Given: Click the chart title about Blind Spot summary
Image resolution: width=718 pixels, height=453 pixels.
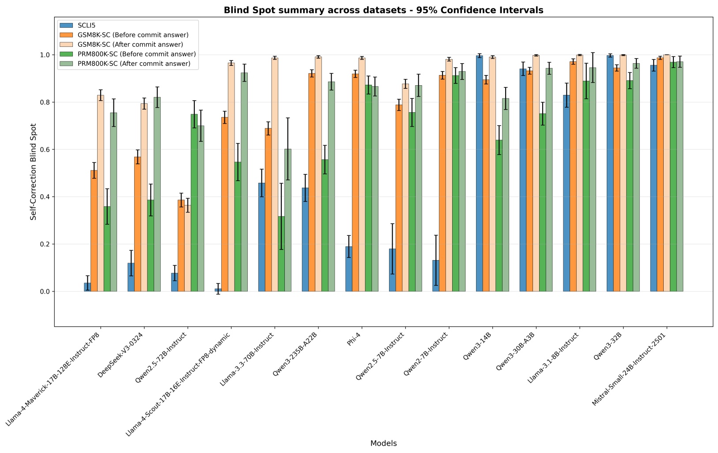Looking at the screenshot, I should pos(383,10).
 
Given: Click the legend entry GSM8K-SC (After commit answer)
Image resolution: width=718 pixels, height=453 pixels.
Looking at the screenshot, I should pos(130,45).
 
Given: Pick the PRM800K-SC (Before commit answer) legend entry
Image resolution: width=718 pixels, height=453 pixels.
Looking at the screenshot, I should pos(136,54).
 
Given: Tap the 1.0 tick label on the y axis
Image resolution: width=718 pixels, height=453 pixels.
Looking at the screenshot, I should pos(45,55).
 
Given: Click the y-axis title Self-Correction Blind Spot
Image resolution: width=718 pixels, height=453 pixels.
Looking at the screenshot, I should pos(34,172).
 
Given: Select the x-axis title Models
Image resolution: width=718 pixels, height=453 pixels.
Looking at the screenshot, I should pos(383,443).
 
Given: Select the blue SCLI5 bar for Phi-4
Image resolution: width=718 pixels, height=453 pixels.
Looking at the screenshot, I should pos(349,269).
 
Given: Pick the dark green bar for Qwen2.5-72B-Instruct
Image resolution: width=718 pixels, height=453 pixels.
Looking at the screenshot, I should pos(194,203).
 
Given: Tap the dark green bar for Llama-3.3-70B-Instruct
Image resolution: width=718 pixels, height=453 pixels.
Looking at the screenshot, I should pos(281,254).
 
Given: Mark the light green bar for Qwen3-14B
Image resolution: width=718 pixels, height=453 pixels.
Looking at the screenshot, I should pos(506,195).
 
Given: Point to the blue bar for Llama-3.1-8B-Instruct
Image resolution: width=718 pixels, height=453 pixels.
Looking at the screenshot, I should pos(566,193).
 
